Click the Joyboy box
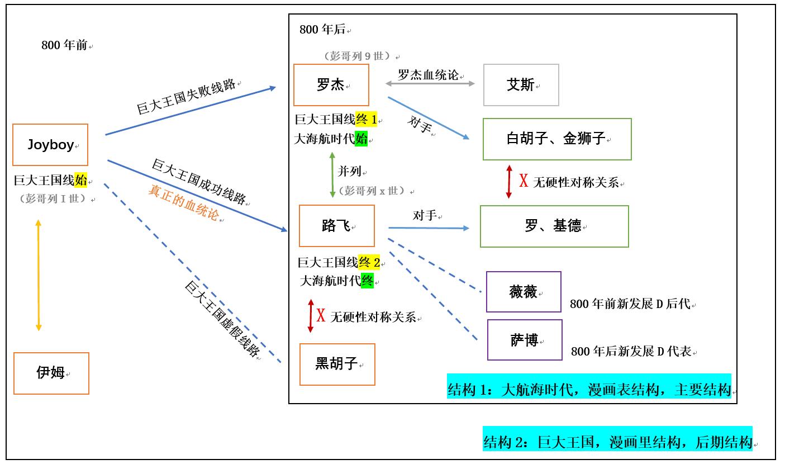click(x=50, y=145)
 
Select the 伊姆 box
click(x=51, y=373)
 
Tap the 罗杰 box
click(x=331, y=85)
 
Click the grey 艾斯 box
click(x=521, y=85)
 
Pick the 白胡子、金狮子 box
click(x=556, y=139)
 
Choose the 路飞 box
click(x=337, y=226)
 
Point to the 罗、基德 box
click(x=554, y=226)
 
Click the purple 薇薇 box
click(x=524, y=292)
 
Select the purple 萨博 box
click(x=525, y=340)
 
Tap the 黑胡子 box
click(x=337, y=364)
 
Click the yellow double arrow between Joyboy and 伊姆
click(x=38, y=275)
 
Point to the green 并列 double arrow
click(x=333, y=173)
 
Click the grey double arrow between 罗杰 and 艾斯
click(x=430, y=84)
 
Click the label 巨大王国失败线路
click(x=186, y=97)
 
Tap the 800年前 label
click(x=64, y=45)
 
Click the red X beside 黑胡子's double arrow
click(x=321, y=316)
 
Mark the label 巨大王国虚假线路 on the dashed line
click(x=222, y=319)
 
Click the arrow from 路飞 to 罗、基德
click(x=429, y=228)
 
